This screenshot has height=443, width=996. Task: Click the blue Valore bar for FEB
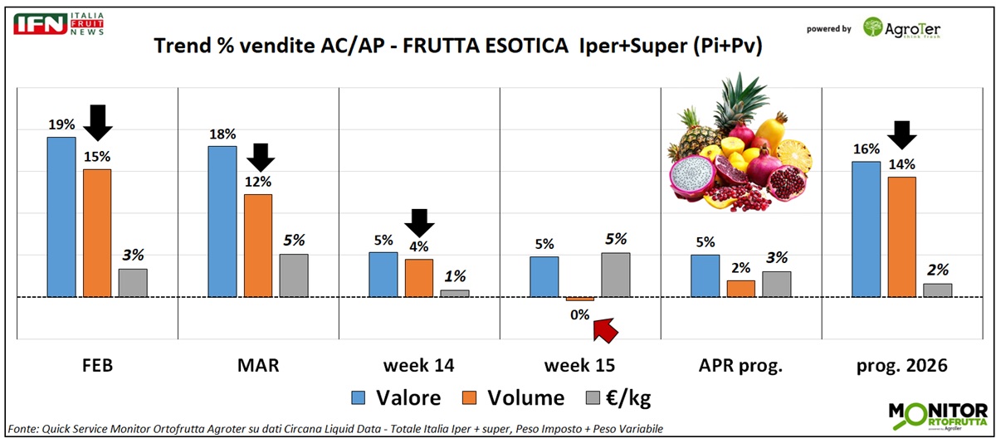61,217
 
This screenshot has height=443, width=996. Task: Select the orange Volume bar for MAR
257,245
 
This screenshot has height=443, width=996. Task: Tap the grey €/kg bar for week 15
615,275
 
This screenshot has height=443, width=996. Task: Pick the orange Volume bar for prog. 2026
901,236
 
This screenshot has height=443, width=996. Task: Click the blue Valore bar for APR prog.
705,275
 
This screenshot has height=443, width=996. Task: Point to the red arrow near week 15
607,329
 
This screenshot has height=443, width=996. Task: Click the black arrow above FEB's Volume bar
98,122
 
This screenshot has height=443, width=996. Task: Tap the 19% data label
61,124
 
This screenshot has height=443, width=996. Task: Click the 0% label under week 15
579,314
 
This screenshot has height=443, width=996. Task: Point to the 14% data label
901,163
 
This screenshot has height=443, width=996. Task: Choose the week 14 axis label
418,364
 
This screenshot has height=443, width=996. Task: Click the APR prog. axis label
740,364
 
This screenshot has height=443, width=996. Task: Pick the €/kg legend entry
618,398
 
